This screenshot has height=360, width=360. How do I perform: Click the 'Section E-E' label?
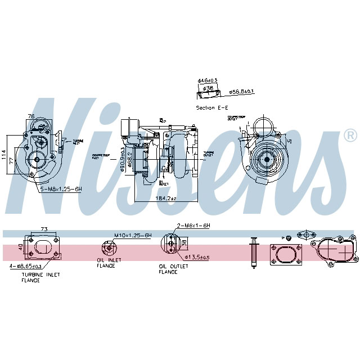211,107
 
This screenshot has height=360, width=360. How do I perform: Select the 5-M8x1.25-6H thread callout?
61,189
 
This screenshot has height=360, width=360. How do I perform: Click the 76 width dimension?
31,117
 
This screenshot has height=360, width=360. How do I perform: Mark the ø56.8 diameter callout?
242,91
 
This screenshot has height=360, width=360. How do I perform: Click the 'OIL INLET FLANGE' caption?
105,263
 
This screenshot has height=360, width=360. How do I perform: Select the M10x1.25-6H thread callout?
133,235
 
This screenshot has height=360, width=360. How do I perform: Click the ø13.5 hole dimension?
198,257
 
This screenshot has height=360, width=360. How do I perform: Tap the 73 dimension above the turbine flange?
44,229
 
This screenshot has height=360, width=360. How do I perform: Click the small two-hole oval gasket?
306,232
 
